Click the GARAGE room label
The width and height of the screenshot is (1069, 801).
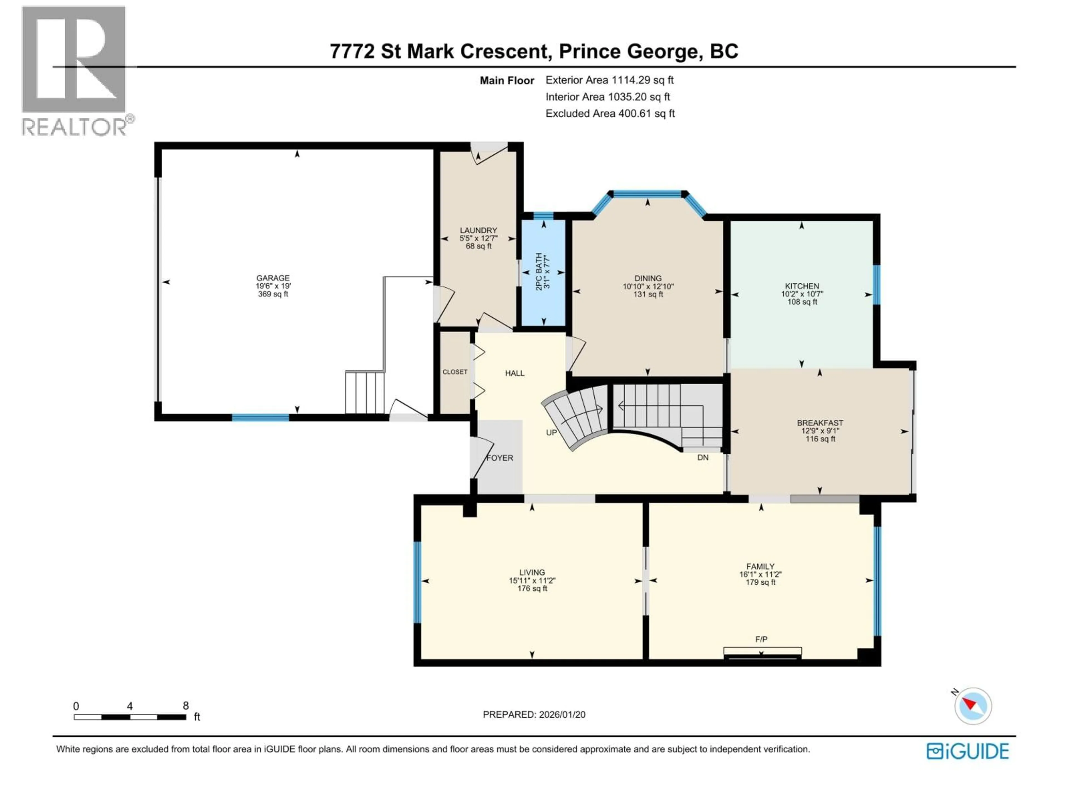(x=273, y=278)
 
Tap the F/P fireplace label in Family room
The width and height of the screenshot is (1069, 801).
(x=761, y=639)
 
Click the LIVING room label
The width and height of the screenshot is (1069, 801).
(x=532, y=572)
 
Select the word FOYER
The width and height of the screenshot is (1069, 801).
(x=500, y=458)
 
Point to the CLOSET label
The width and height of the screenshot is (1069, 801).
(x=455, y=372)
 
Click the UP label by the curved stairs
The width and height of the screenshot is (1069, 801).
(x=551, y=432)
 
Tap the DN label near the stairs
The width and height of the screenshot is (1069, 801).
(x=703, y=457)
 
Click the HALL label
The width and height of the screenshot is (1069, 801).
(x=515, y=373)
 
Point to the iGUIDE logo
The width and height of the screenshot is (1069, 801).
(x=967, y=751)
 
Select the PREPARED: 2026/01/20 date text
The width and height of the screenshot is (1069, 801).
(x=534, y=715)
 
